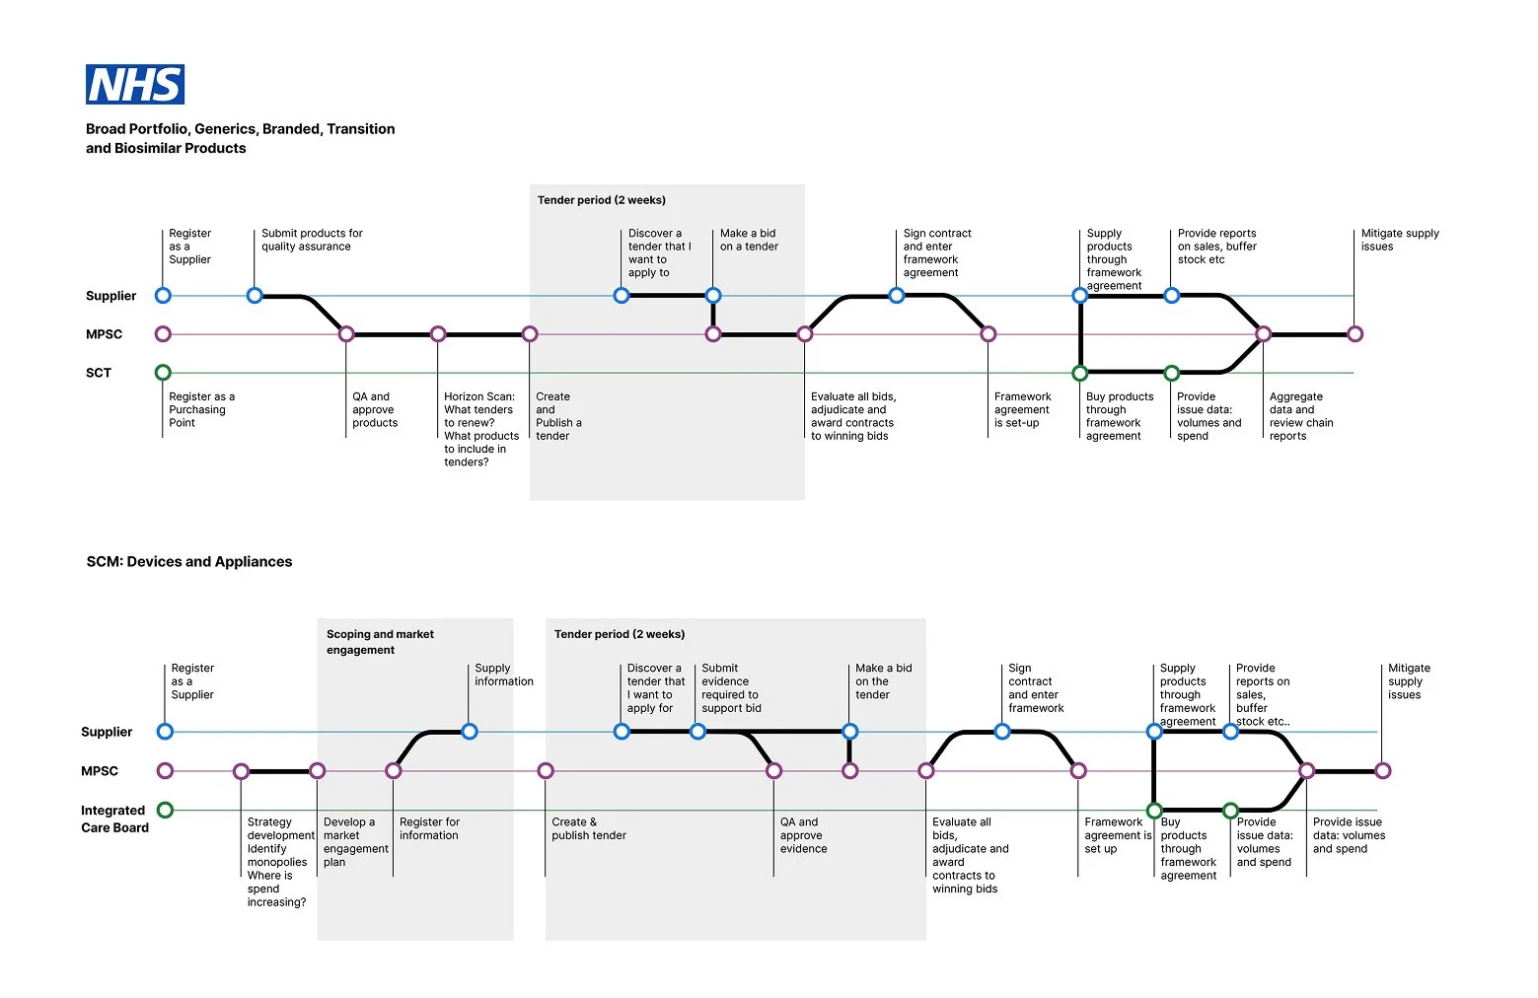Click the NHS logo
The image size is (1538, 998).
(135, 85)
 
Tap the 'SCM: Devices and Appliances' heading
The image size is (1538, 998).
(189, 562)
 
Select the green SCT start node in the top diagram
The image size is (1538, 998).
(163, 373)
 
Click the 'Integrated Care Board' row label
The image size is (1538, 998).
(113, 819)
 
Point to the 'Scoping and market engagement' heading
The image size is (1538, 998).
(380, 642)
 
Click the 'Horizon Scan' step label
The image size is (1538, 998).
(480, 429)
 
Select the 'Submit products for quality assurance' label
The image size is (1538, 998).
(312, 240)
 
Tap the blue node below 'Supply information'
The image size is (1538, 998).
(470, 732)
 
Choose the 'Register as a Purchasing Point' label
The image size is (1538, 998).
(201, 409)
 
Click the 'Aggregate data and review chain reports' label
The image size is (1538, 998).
(1300, 416)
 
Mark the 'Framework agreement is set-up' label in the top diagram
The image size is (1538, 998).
(1022, 409)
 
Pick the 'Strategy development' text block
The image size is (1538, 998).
(279, 862)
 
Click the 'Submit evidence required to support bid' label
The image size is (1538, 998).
(730, 688)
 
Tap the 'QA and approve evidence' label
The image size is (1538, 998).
(803, 835)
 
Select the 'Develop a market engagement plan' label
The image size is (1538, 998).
(355, 841)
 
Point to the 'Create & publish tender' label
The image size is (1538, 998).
(588, 828)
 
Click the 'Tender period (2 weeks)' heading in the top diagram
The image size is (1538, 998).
(601, 200)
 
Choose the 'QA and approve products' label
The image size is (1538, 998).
(375, 409)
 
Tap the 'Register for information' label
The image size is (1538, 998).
(429, 828)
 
